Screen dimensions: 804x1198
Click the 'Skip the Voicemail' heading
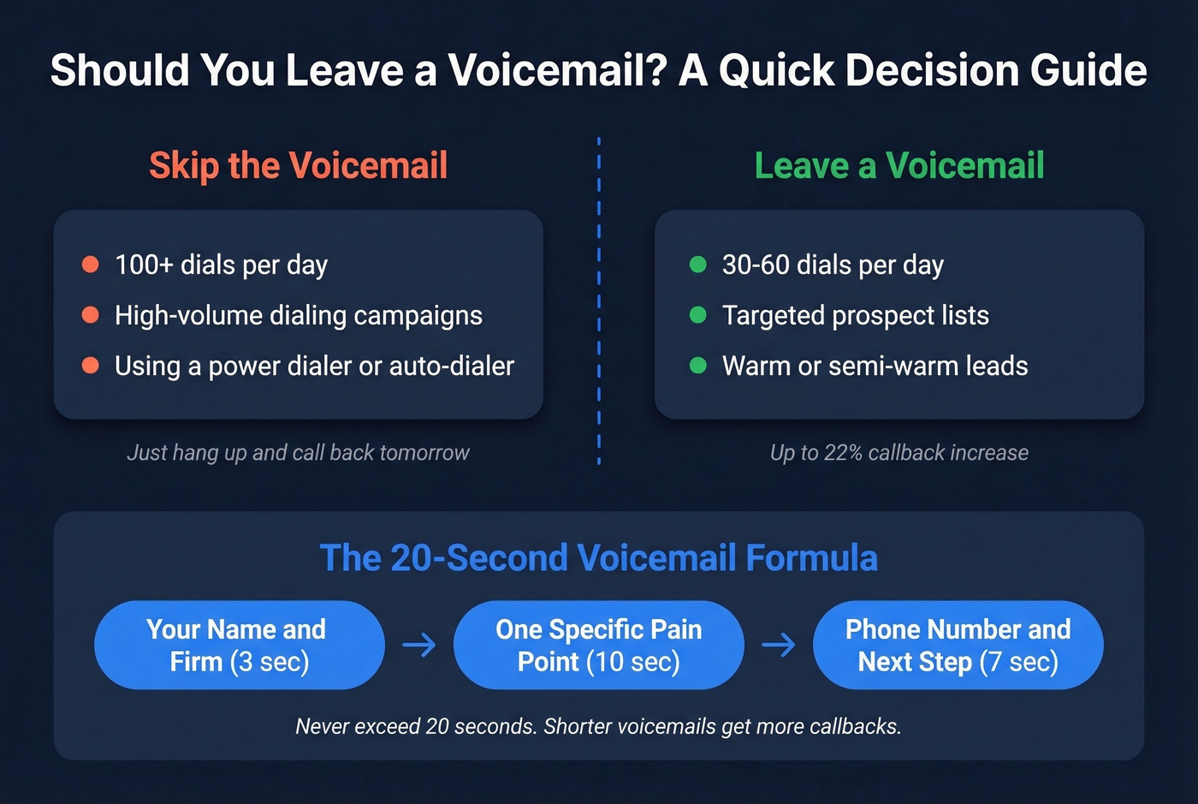[298, 165]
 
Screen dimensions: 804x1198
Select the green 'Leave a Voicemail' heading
[899, 165]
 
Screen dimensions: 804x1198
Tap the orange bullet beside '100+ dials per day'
[90, 265]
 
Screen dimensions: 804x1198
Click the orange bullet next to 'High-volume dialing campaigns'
[90, 315]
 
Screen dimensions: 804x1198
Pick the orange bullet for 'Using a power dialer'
[90, 366]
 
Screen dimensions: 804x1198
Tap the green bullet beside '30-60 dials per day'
[698, 265]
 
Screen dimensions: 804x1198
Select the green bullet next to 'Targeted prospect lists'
[698, 315]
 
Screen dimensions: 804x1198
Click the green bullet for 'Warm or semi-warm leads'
[698, 366]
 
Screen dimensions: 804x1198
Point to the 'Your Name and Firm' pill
[239, 645]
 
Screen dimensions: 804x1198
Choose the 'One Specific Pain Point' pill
[598, 645]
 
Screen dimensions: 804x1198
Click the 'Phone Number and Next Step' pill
[958, 645]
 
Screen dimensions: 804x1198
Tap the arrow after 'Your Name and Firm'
[419, 645]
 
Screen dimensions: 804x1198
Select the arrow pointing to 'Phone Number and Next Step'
[779, 645]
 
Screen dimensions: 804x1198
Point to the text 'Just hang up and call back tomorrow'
[298, 453]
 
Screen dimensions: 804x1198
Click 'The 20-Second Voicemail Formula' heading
[598, 557]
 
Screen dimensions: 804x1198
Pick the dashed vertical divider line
[598, 300]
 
